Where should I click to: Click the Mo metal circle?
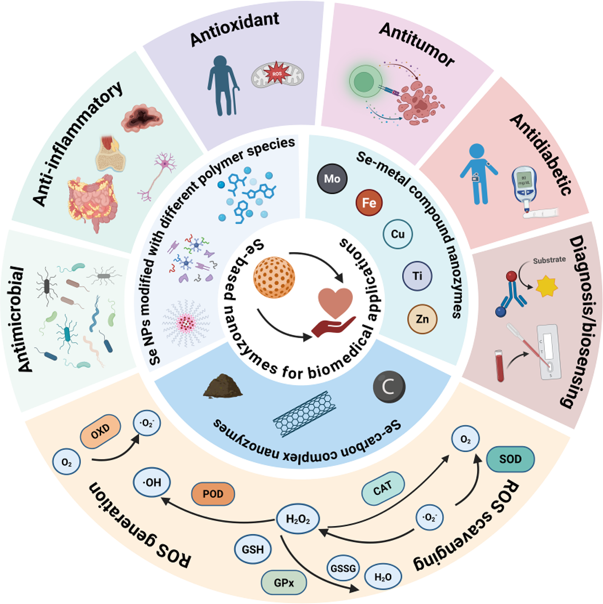click(332, 179)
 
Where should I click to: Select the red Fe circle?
click(369, 203)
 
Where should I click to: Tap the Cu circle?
click(397, 234)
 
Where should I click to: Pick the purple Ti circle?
click(417, 276)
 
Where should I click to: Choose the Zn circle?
click(422, 319)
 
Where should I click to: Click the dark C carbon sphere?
click(389, 387)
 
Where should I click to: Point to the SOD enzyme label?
click(510, 459)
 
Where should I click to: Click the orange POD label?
click(213, 494)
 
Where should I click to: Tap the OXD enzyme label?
click(100, 432)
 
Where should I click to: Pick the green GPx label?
click(284, 583)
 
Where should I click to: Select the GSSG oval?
click(343, 568)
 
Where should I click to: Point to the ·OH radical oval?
click(152, 483)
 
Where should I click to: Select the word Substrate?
click(549, 260)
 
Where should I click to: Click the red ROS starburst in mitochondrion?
click(277, 74)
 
